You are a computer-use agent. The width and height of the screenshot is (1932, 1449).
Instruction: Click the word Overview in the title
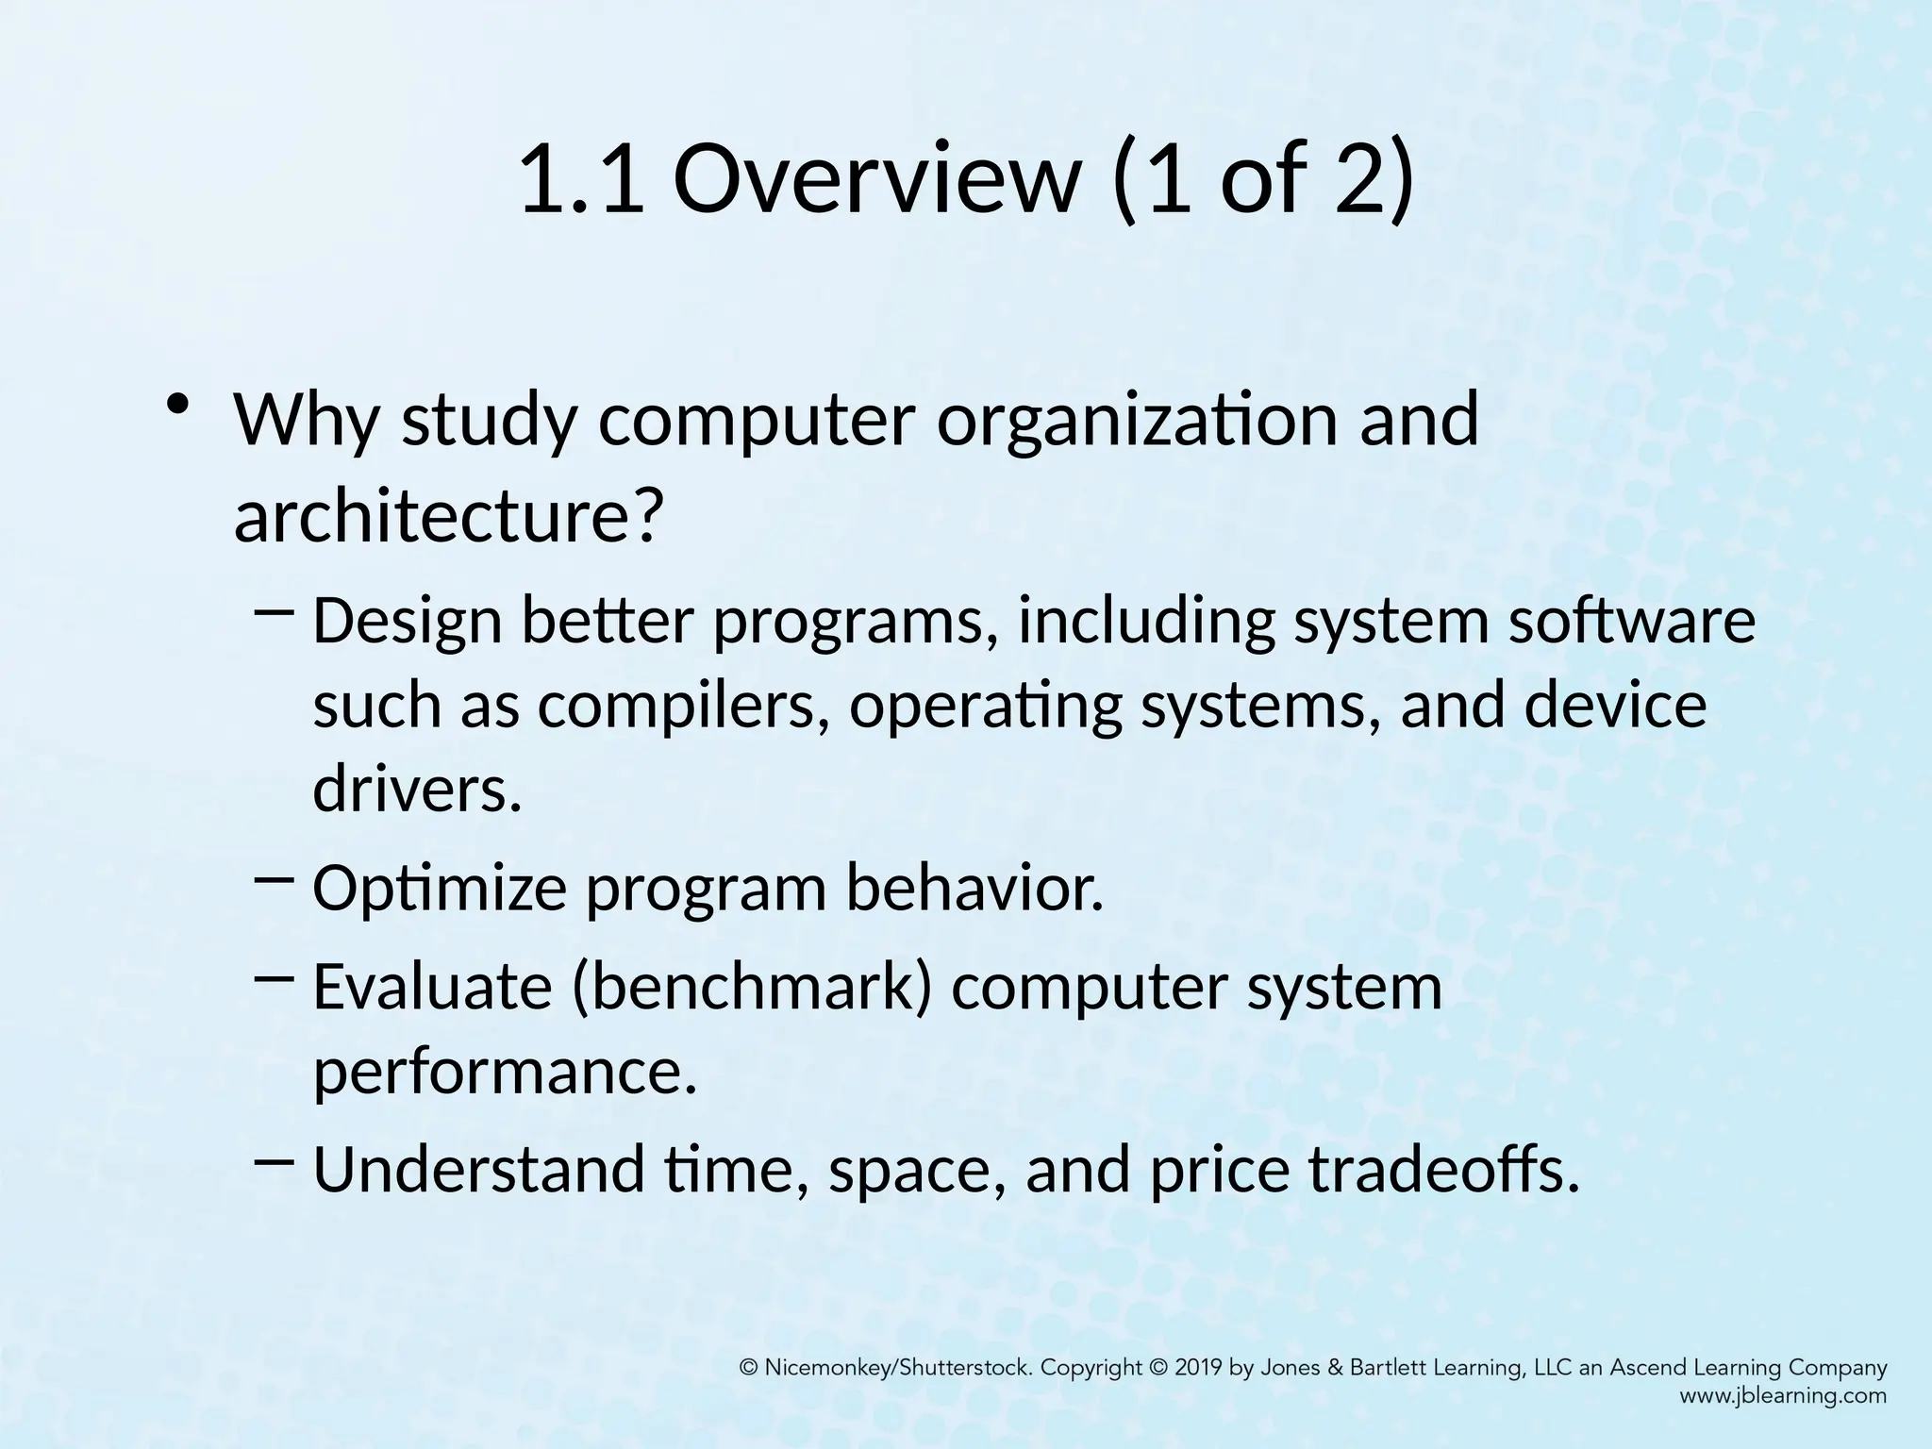point(874,179)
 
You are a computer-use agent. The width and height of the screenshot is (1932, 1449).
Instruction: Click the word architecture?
point(443,517)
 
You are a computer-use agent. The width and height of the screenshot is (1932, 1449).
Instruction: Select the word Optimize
point(440,889)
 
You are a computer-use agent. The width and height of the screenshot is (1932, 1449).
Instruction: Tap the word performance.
point(505,1072)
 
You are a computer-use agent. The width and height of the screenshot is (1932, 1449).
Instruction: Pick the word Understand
point(477,1170)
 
